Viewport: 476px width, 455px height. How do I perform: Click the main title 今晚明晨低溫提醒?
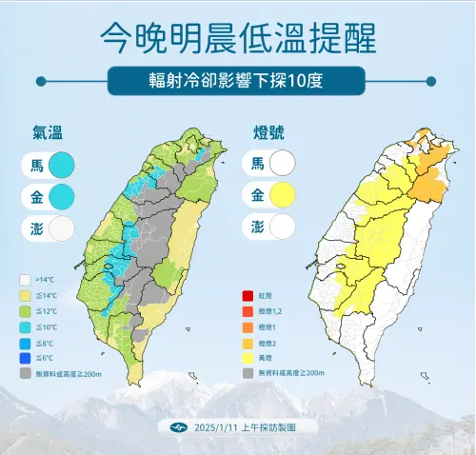coord(237,38)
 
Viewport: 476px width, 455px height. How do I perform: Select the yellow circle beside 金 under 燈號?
coord(282,197)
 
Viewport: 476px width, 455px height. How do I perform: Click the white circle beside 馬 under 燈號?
coord(282,165)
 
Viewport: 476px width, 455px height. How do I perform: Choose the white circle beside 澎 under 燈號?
coord(282,227)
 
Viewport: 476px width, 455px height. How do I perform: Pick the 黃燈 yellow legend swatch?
coord(247,357)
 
